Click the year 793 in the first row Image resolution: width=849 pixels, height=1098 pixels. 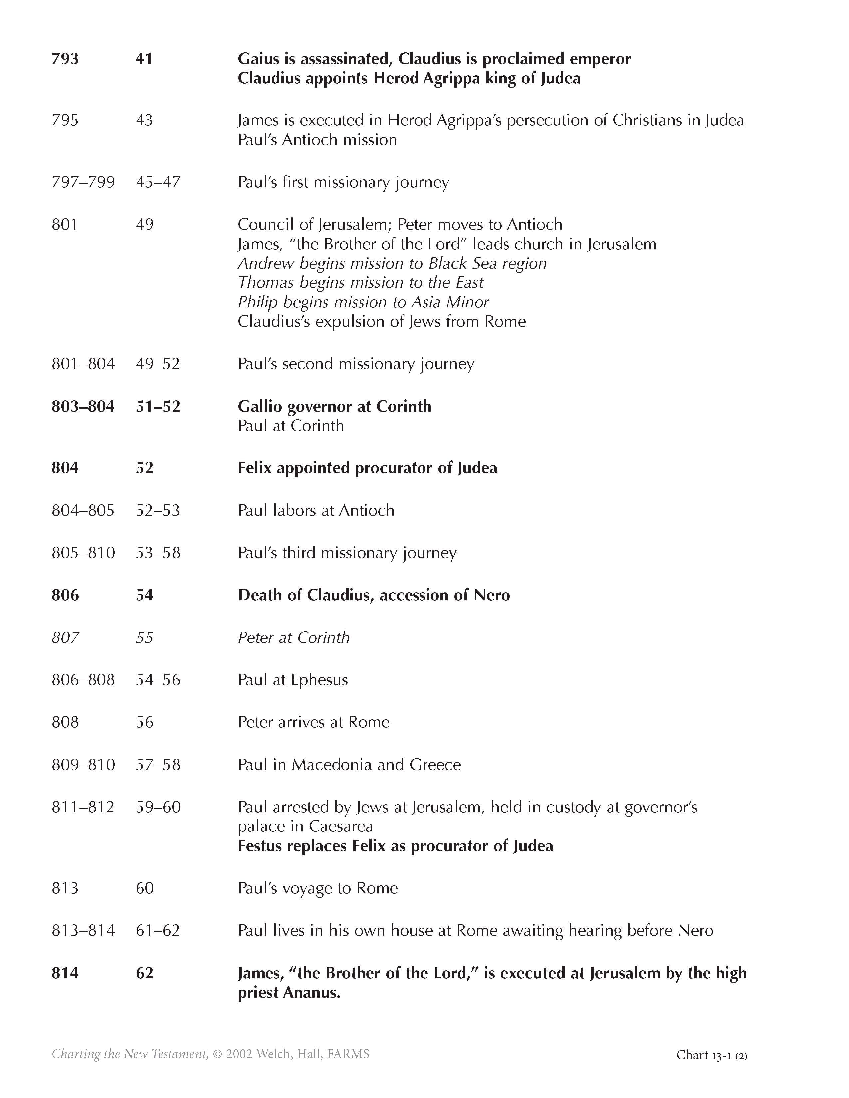(65, 59)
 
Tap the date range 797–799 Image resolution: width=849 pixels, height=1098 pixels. (83, 182)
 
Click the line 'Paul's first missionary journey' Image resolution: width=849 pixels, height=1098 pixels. (344, 182)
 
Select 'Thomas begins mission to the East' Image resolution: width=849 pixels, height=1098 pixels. (360, 282)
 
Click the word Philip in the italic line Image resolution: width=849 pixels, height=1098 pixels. (257, 302)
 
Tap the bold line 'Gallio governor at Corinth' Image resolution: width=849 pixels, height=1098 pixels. (335, 406)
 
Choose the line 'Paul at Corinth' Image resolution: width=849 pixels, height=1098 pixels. (291, 426)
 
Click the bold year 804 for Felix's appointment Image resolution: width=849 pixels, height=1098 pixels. (65, 468)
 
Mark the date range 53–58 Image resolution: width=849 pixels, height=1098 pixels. (158, 553)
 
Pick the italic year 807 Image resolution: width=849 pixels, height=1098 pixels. (65, 638)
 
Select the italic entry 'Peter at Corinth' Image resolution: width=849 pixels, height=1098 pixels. (294, 638)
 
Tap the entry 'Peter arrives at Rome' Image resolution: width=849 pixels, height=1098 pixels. (313, 722)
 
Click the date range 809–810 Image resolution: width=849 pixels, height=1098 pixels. (83, 765)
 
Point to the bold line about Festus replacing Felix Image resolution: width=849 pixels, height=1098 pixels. (395, 846)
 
